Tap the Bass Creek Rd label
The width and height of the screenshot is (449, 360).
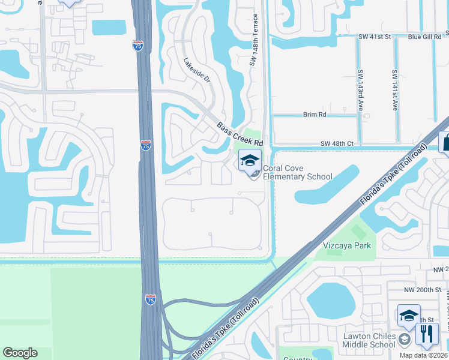pos(240,135)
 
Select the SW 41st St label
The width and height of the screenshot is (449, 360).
pos(375,37)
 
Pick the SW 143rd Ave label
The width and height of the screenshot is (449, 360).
pos(361,90)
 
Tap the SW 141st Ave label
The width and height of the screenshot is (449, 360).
pos(395,90)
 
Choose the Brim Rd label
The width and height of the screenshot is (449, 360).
pos(314,114)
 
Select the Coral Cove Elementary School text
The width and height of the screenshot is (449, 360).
pos(297,172)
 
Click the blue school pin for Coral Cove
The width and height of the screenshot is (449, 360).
pos(250,161)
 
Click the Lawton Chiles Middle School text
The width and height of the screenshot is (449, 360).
pos(369,340)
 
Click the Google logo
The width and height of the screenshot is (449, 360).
pos(20,353)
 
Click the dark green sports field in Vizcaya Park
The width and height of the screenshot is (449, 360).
pos(358,231)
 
